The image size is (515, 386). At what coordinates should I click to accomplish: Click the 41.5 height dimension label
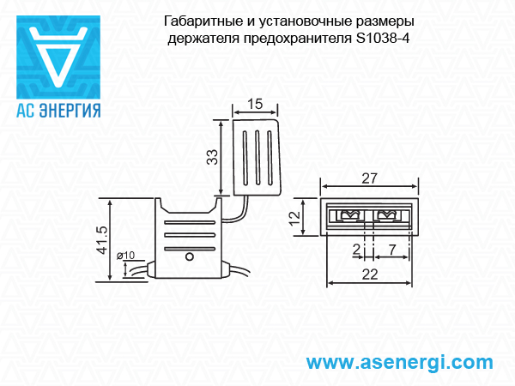[103, 240]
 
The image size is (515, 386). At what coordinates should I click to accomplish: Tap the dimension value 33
[213, 157]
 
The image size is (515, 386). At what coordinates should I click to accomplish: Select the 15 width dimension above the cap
[255, 104]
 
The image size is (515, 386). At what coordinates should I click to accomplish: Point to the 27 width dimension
[369, 178]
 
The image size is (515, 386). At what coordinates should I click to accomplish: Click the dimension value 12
[295, 218]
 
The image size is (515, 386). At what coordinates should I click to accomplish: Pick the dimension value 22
[370, 274]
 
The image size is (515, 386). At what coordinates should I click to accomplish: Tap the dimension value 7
[392, 250]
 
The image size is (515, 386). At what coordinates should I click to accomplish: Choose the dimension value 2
[357, 250]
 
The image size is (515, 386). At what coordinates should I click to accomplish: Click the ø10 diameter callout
[126, 255]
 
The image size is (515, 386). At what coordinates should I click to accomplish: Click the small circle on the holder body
[190, 256]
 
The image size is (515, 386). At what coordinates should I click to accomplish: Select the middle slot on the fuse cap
[257, 157]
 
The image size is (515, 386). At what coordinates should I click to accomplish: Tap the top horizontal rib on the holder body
[190, 222]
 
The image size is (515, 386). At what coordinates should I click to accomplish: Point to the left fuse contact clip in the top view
[350, 215]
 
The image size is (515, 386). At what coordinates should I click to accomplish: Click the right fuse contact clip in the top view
[387, 215]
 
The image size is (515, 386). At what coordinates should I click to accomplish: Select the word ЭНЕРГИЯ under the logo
[70, 111]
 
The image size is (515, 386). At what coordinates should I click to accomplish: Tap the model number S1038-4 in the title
[383, 39]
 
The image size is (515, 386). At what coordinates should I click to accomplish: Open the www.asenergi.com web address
[399, 363]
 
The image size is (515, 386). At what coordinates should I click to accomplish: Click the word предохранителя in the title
[298, 39]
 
